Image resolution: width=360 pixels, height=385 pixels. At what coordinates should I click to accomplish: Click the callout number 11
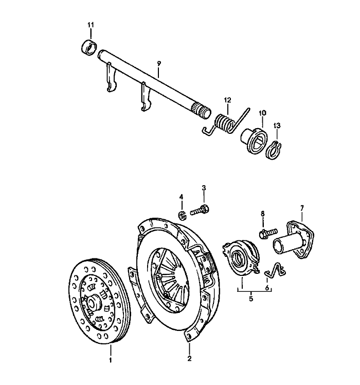tap(91, 24)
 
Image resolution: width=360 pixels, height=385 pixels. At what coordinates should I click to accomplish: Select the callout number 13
tap(278, 126)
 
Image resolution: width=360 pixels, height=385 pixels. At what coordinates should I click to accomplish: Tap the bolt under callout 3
tap(201, 210)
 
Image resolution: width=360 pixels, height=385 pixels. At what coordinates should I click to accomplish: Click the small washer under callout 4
tap(183, 214)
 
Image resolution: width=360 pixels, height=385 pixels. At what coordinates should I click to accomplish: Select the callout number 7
tap(302, 207)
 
